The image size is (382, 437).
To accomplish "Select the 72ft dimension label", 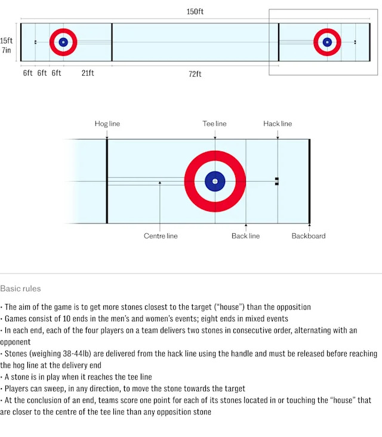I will (x=195, y=73).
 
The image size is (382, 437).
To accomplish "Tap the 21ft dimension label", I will (x=88, y=73).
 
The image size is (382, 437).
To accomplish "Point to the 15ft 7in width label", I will (x=6, y=45).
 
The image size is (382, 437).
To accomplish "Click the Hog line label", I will (x=107, y=124).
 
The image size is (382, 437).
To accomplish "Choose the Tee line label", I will (x=215, y=124).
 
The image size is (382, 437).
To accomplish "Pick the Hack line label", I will (x=278, y=124).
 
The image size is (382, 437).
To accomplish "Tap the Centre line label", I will (x=161, y=236).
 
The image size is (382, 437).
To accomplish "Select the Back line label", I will (x=245, y=236).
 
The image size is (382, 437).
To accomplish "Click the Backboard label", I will (x=309, y=236).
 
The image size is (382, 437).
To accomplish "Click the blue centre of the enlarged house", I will (x=215, y=181).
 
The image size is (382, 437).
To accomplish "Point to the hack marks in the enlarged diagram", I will (x=277, y=181).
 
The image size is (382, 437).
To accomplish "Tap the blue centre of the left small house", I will (x=63, y=42).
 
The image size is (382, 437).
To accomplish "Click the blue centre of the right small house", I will (x=327, y=42).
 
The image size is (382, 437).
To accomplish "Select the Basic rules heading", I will (x=20, y=289).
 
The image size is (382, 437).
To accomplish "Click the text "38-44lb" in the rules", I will (x=65, y=354).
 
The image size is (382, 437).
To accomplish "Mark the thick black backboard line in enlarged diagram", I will (x=309, y=181).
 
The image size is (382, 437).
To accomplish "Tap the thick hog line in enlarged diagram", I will (x=107, y=181).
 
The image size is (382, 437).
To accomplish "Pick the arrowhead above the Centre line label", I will (x=161, y=183).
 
